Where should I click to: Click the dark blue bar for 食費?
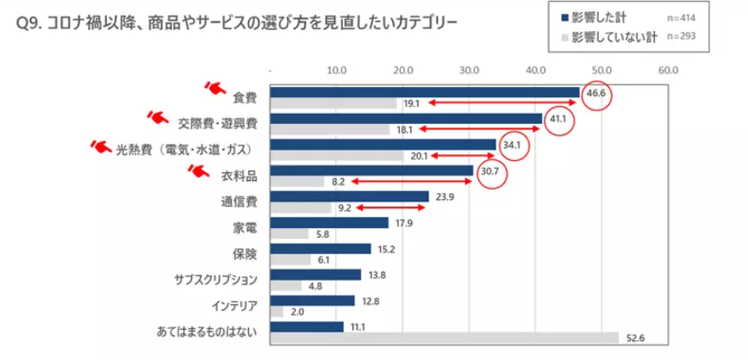click(x=424, y=92)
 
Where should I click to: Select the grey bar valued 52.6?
click(x=445, y=338)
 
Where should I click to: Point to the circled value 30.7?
click(x=490, y=171)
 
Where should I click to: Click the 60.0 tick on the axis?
click(x=668, y=70)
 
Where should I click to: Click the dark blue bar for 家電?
click(x=329, y=223)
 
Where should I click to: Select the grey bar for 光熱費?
click(x=337, y=156)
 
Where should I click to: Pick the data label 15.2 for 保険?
click(x=385, y=249)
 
